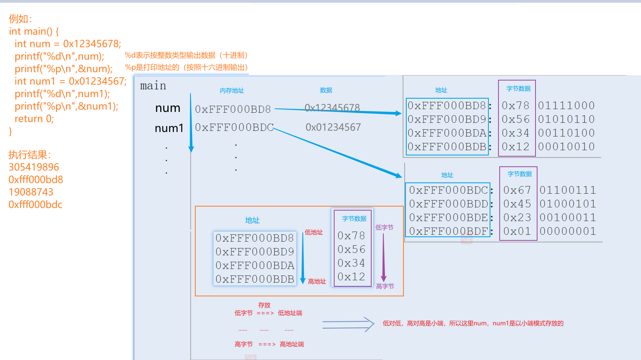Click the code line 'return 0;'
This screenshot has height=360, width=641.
tap(34, 119)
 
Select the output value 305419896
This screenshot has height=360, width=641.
tap(34, 167)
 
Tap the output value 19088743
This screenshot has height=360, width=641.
tap(31, 192)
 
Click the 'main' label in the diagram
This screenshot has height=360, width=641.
tap(153, 86)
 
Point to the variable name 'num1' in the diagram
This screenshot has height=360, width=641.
tap(169, 128)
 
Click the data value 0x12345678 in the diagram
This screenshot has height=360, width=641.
tap(332, 108)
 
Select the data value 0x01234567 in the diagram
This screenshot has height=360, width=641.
tap(333, 127)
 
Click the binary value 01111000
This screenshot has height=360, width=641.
tap(567, 106)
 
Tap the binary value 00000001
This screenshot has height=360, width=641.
tap(568, 231)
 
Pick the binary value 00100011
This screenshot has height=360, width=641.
tap(568, 217)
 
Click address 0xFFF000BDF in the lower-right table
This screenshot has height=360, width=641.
tap(449, 231)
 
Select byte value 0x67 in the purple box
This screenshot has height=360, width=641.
tap(517, 190)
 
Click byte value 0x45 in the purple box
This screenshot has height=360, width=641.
tap(517, 204)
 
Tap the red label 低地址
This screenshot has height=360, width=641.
tap(314, 232)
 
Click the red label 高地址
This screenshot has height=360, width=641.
tap(317, 281)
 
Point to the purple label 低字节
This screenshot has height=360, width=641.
tap(384, 228)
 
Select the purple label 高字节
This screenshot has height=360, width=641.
tap(385, 286)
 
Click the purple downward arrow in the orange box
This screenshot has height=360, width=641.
tap(383, 258)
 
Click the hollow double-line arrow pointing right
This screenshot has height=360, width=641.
tap(348, 325)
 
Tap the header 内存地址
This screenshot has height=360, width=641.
tap(232, 91)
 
